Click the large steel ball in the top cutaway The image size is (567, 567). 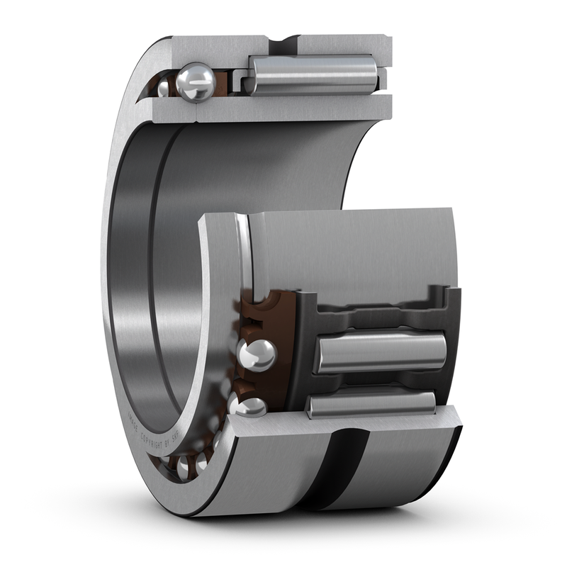tap(196, 82)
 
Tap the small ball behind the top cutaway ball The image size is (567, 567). tap(164, 88)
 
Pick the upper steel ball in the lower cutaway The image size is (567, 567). tap(257, 354)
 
